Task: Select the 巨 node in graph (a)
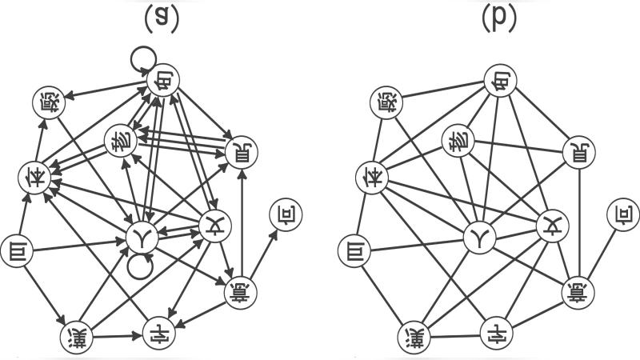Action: point(15,252)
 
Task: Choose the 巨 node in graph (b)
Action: point(353,252)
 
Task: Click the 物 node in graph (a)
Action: point(120,142)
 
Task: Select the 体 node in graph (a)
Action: point(34,175)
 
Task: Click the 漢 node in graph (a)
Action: point(78,337)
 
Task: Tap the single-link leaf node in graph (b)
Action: point(621,213)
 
